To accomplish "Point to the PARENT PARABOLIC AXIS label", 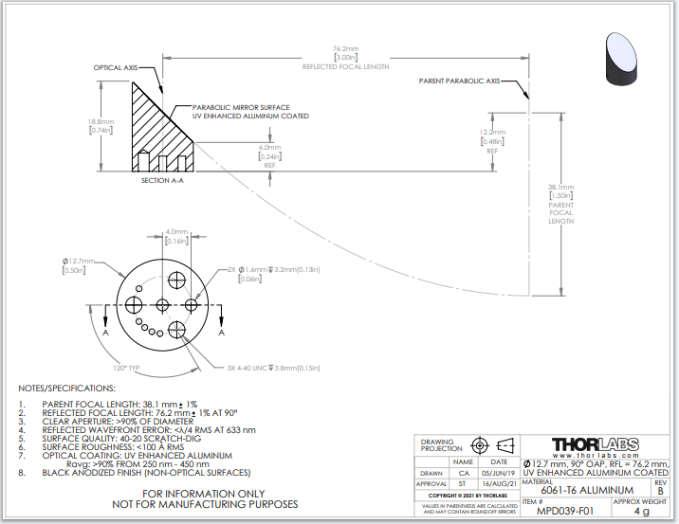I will (x=459, y=81).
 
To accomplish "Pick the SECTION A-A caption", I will (x=161, y=180).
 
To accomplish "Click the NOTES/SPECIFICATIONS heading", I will (x=68, y=388).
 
